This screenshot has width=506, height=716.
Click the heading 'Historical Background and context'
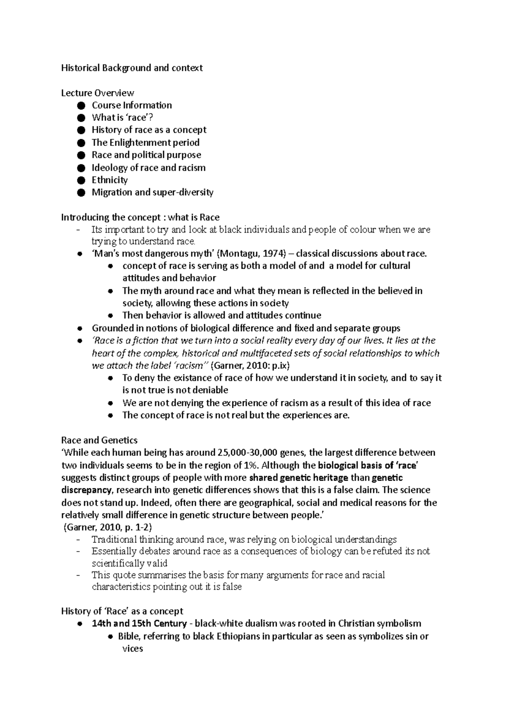132,68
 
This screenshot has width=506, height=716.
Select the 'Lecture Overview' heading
97,93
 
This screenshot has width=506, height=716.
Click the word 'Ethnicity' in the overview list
110,180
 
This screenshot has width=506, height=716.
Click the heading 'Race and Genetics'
100,441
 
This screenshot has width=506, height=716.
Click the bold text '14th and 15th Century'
139,624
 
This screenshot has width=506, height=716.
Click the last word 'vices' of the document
132,649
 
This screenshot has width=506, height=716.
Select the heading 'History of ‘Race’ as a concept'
122,611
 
